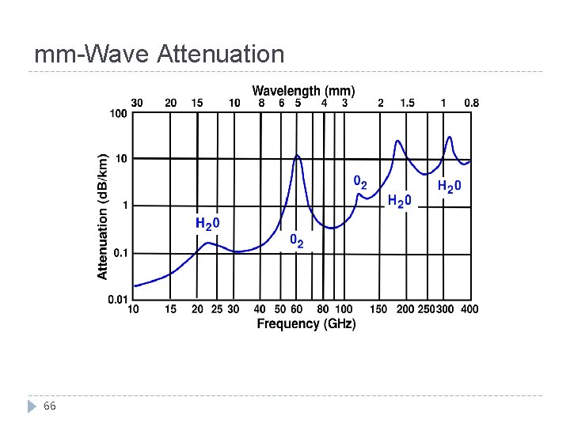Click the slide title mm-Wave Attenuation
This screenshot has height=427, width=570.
point(159,54)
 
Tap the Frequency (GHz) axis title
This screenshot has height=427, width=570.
point(306,324)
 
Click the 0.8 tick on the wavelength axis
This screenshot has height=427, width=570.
point(471,103)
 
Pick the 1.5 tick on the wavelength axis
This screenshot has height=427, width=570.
point(407,103)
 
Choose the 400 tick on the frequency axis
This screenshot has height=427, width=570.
point(469,309)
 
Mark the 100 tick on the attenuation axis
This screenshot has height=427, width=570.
point(118,114)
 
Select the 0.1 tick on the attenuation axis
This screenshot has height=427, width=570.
point(119,253)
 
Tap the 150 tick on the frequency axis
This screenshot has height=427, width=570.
point(379,309)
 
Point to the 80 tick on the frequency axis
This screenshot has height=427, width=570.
point(322,309)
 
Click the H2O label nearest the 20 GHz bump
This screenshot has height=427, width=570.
point(207,224)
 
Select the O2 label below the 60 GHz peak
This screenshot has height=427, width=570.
point(296,240)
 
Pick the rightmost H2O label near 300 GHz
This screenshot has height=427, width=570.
point(449,187)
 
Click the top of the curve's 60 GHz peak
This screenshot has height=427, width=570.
point(297,155)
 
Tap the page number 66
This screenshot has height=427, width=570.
point(50,406)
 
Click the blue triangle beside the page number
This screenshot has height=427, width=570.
point(32,406)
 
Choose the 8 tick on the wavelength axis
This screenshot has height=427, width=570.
point(260,103)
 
